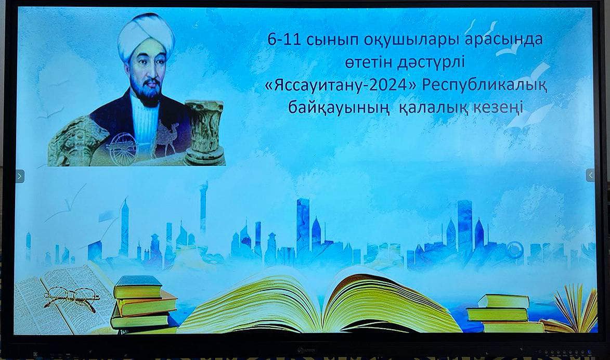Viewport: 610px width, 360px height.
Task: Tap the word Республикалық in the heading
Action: [x=484, y=86]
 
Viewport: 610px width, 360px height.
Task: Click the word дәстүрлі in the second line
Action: [x=431, y=62]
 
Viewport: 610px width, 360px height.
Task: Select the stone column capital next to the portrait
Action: [x=204, y=132]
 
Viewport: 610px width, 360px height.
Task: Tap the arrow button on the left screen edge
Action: [x=20, y=176]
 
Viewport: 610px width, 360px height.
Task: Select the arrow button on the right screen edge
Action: [x=590, y=175]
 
